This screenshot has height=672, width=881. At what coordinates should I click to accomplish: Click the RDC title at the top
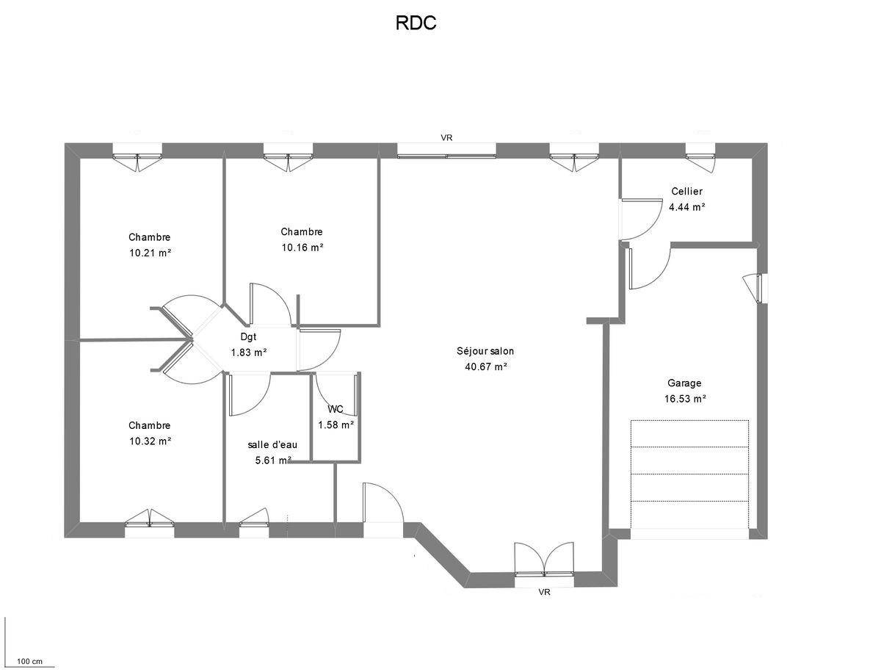coord(416,24)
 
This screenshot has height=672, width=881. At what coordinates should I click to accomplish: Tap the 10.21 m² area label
coord(150,253)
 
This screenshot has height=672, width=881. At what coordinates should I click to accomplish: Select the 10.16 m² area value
coord(302,248)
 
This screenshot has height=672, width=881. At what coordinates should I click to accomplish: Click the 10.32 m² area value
coord(150,441)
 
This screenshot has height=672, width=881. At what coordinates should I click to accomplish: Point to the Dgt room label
coord(248,337)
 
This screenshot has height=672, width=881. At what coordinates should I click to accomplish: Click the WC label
coord(336,409)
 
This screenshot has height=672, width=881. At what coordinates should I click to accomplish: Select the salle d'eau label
coord(272,444)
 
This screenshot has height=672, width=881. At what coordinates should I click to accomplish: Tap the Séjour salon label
coord(485,351)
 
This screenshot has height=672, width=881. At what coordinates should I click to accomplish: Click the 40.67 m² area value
coord(486,366)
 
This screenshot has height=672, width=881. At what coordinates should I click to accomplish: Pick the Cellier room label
coord(686,192)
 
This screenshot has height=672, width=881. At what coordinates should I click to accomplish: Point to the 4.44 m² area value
coord(686,207)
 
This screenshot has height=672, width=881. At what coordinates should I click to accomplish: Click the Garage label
coord(684,383)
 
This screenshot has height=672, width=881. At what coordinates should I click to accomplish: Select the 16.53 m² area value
coord(684,399)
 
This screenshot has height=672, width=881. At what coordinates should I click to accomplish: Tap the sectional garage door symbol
coord(689,474)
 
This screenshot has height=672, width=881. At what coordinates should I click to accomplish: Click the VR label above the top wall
coord(446,137)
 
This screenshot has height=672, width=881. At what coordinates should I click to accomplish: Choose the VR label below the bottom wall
coord(544,592)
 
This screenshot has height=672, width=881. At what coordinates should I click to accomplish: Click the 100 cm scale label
coord(29,662)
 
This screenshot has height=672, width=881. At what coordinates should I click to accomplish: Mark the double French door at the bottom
coord(544,560)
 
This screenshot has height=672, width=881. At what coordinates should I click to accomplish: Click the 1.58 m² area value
coord(336,424)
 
